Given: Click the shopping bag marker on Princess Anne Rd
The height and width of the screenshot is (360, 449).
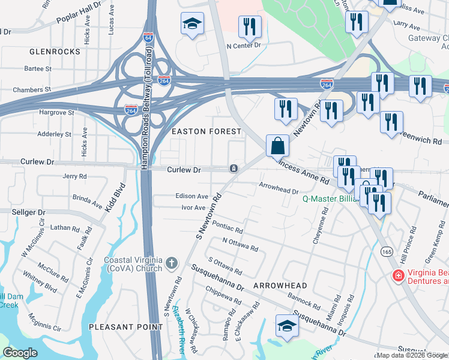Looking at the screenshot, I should tap(277, 146).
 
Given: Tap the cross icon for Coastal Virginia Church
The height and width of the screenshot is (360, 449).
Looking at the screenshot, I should tap(172, 263).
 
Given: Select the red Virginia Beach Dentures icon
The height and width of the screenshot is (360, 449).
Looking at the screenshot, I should tap(397, 275).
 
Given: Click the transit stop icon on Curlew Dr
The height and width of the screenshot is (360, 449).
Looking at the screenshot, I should tap(232, 169).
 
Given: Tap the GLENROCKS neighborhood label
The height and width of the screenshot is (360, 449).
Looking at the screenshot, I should tap(55, 52).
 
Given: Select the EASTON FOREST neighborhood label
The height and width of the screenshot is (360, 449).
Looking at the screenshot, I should tap(206, 131).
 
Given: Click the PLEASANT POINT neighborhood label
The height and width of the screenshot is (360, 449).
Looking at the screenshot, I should tap(118, 326).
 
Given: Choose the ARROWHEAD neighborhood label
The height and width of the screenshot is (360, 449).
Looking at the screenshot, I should tap(280, 286).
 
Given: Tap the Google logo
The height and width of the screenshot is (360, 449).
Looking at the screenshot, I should tap(20, 353).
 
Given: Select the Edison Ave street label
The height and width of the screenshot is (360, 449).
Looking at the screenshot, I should tap(191, 196).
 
